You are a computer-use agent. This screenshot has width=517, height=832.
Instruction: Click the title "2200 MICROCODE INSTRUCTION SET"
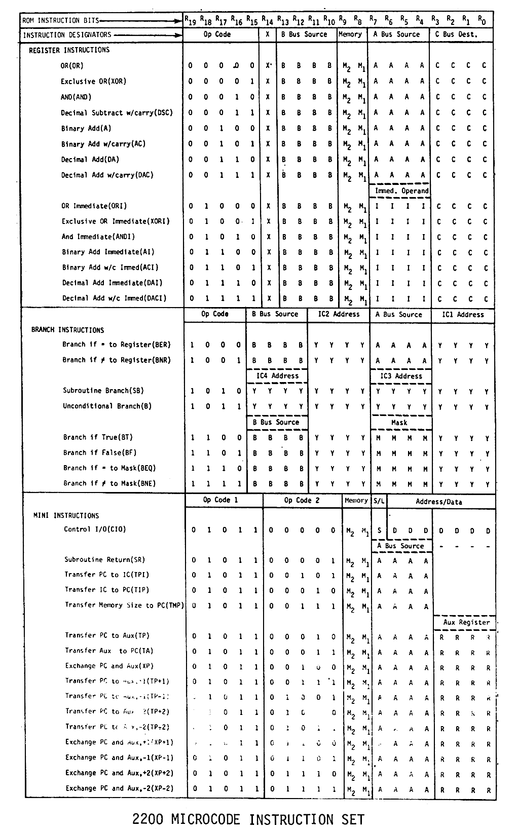point(248,819)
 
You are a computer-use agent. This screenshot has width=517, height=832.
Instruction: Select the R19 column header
point(191,20)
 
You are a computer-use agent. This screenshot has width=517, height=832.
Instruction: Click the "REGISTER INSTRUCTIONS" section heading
point(69,50)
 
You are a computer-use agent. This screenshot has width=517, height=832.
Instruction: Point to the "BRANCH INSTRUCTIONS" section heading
point(67,330)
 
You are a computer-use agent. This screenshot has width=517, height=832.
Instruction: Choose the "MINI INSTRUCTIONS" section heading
point(66,515)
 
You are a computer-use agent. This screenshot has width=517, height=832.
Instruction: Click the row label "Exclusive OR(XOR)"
point(93,81)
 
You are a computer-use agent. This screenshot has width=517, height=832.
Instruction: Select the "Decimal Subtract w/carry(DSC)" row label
point(117,112)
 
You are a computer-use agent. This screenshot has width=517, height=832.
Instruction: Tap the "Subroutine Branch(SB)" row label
point(103,391)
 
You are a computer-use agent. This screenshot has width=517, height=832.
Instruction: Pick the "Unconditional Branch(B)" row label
point(107,406)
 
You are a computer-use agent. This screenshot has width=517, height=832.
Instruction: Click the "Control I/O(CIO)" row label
point(95,530)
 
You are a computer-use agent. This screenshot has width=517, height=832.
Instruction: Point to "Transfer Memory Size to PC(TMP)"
point(124,605)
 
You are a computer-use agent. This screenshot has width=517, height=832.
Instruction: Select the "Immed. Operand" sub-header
point(401,191)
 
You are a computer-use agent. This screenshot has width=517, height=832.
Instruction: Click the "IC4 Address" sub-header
point(278,376)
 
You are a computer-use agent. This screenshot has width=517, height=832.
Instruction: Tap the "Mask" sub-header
point(399,422)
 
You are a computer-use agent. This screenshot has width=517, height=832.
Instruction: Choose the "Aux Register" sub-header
point(466,622)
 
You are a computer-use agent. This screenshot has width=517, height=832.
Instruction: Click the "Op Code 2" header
point(302,500)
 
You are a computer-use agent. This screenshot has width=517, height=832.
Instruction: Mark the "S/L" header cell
point(379,501)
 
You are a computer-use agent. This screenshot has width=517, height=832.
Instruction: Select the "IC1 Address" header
point(463,314)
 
